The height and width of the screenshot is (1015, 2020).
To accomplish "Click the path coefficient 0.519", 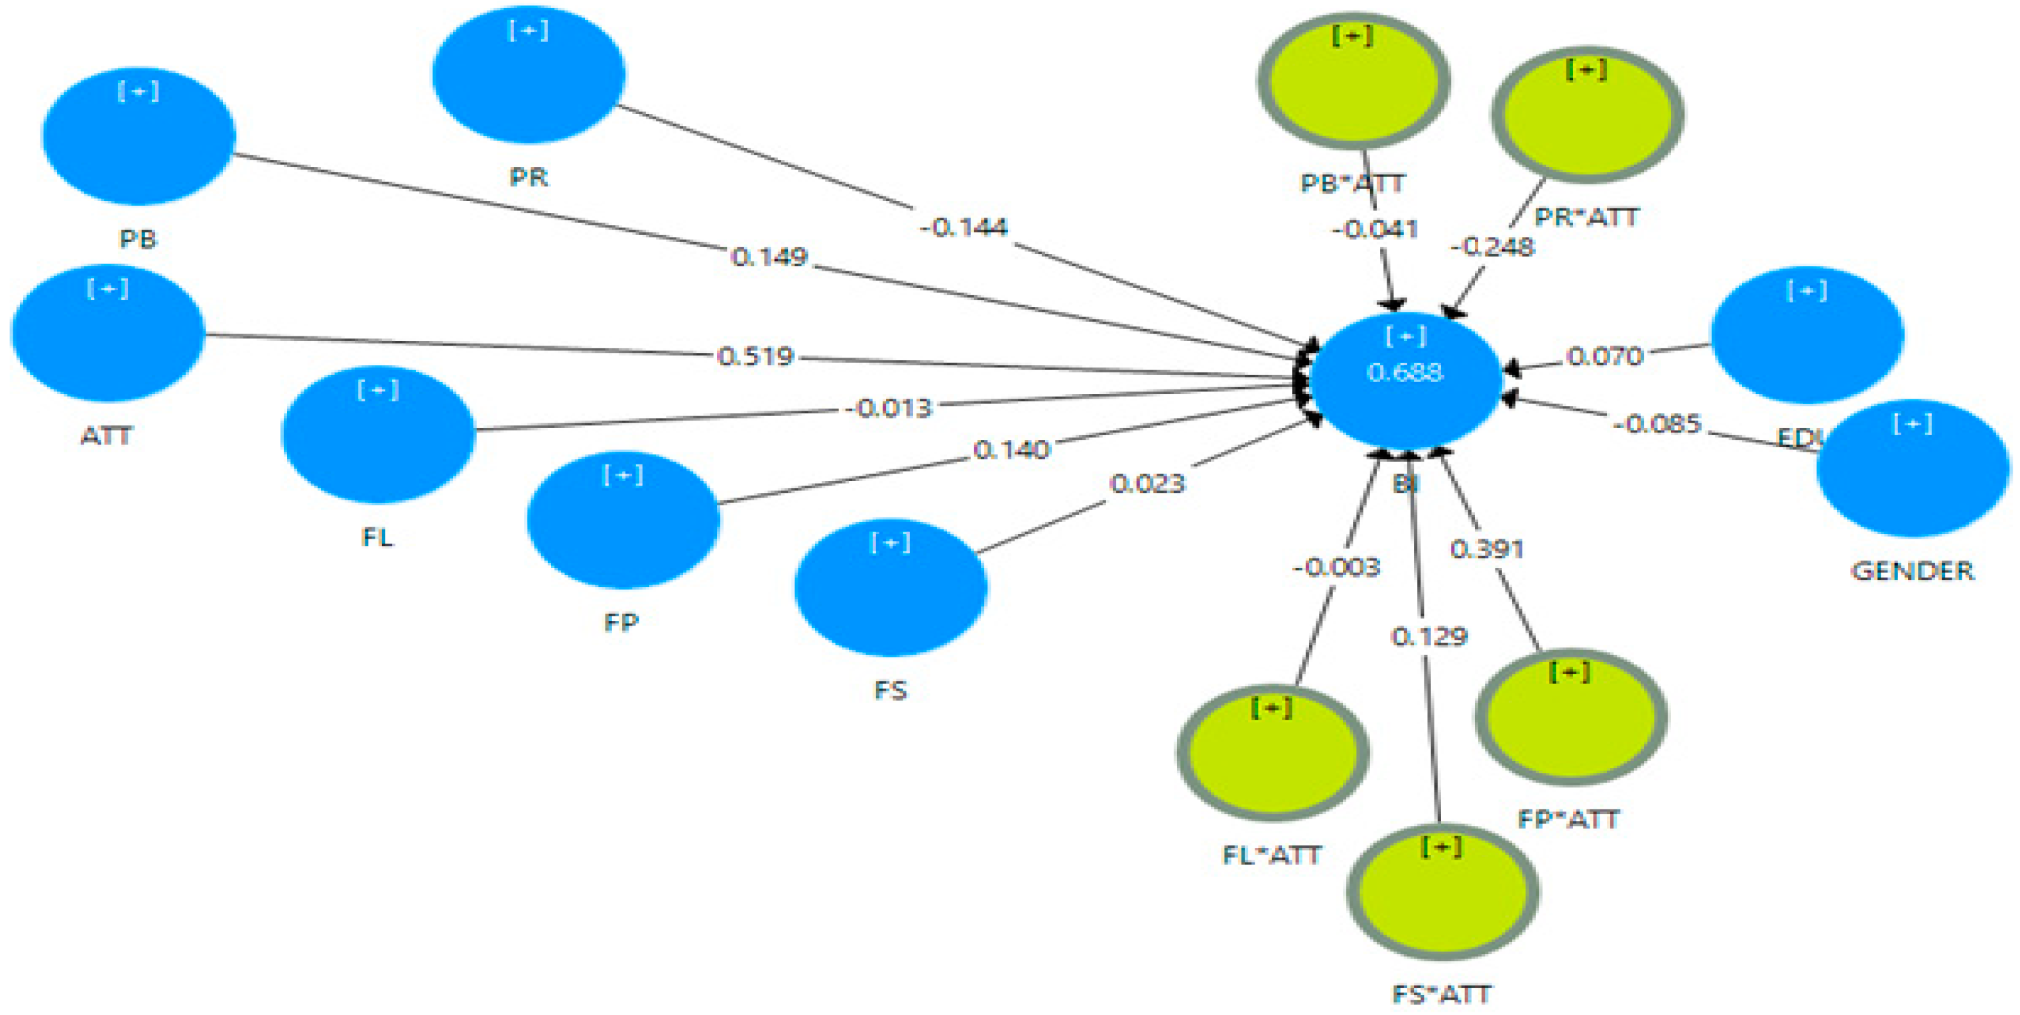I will pos(756,357).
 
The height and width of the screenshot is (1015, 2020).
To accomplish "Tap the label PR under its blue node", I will pos(529,177).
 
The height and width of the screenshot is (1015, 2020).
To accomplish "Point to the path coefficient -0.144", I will pos(963,228).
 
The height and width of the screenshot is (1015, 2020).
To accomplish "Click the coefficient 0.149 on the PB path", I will pos(769,257).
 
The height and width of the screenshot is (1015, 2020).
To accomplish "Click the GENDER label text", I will pos(1912,571).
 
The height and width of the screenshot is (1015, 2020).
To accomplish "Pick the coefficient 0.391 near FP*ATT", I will pos(1487,549).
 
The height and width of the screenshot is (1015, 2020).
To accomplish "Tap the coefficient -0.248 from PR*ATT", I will pos(1491,247).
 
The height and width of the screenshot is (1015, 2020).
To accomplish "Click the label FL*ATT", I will pos(1272,855).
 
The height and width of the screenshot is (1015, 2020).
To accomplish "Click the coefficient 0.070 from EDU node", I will pos(1604,357).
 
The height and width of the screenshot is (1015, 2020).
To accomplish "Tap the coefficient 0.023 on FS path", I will pos(1147,484).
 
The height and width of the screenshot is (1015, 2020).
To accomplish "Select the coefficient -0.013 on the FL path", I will pos(889,409).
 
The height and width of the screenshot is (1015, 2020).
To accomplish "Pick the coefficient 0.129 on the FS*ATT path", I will pos(1428,636).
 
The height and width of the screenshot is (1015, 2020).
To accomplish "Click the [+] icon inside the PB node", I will pos(138,92).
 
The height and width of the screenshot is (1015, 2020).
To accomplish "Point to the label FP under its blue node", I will pos(621,623).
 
